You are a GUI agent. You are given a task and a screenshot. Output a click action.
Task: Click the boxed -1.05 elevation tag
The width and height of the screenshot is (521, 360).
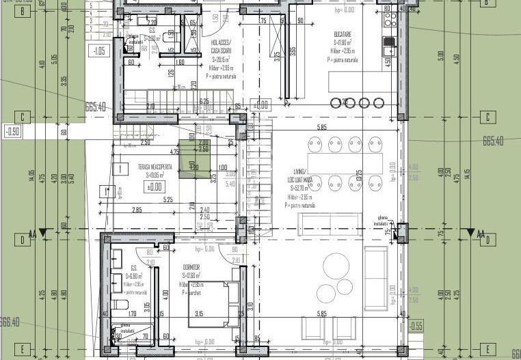coord(99,51)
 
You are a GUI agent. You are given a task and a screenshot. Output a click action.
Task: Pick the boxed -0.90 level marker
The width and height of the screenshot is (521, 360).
coord(12,130)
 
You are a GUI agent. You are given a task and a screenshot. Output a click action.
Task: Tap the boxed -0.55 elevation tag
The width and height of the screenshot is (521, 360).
coord(416,325)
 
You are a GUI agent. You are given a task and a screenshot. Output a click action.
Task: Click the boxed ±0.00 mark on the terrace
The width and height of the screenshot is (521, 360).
coord(155,186)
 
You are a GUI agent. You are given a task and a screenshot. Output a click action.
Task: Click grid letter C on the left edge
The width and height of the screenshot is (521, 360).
coord(23,117)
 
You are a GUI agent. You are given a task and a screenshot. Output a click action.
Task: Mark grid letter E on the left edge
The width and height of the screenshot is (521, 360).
coord(23,350)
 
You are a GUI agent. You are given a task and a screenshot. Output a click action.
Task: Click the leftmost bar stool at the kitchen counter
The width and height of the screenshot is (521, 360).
coord(335,103)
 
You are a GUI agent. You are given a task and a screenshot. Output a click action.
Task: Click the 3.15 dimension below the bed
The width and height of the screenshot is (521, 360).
coord(199,314)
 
